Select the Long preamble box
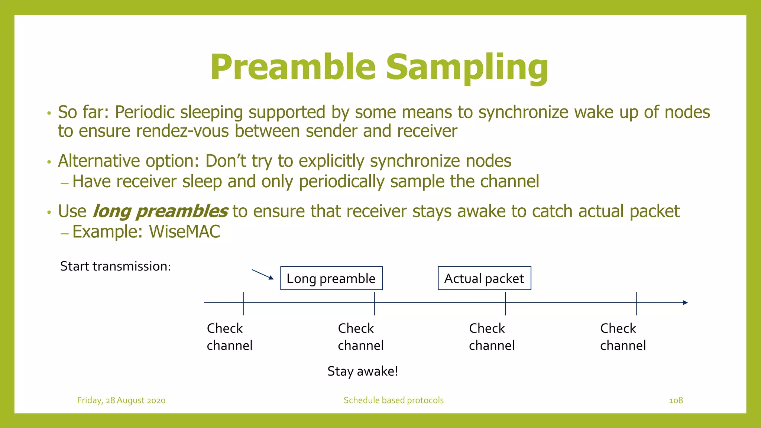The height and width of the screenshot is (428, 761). [x=331, y=278]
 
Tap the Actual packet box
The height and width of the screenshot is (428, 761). [x=484, y=278]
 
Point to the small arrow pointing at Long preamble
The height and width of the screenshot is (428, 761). [x=262, y=275]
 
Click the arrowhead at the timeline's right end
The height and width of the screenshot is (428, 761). [x=686, y=303]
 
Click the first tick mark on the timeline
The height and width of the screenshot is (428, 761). [x=243, y=304]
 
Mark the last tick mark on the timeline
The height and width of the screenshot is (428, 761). [x=637, y=304]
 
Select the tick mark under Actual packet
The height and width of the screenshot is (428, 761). [x=505, y=304]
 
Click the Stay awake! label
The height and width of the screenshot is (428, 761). [x=363, y=371]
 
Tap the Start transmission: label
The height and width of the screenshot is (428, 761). [x=116, y=266]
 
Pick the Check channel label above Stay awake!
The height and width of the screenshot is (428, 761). [x=360, y=337]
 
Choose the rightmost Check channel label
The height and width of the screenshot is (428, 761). [x=623, y=337]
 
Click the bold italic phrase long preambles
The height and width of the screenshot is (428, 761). [x=160, y=211]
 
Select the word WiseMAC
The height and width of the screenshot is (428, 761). [x=184, y=232]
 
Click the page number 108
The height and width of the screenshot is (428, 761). [x=676, y=400]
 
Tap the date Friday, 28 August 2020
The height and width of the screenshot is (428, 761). [x=121, y=400]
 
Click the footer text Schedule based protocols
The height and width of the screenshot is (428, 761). [x=394, y=400]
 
